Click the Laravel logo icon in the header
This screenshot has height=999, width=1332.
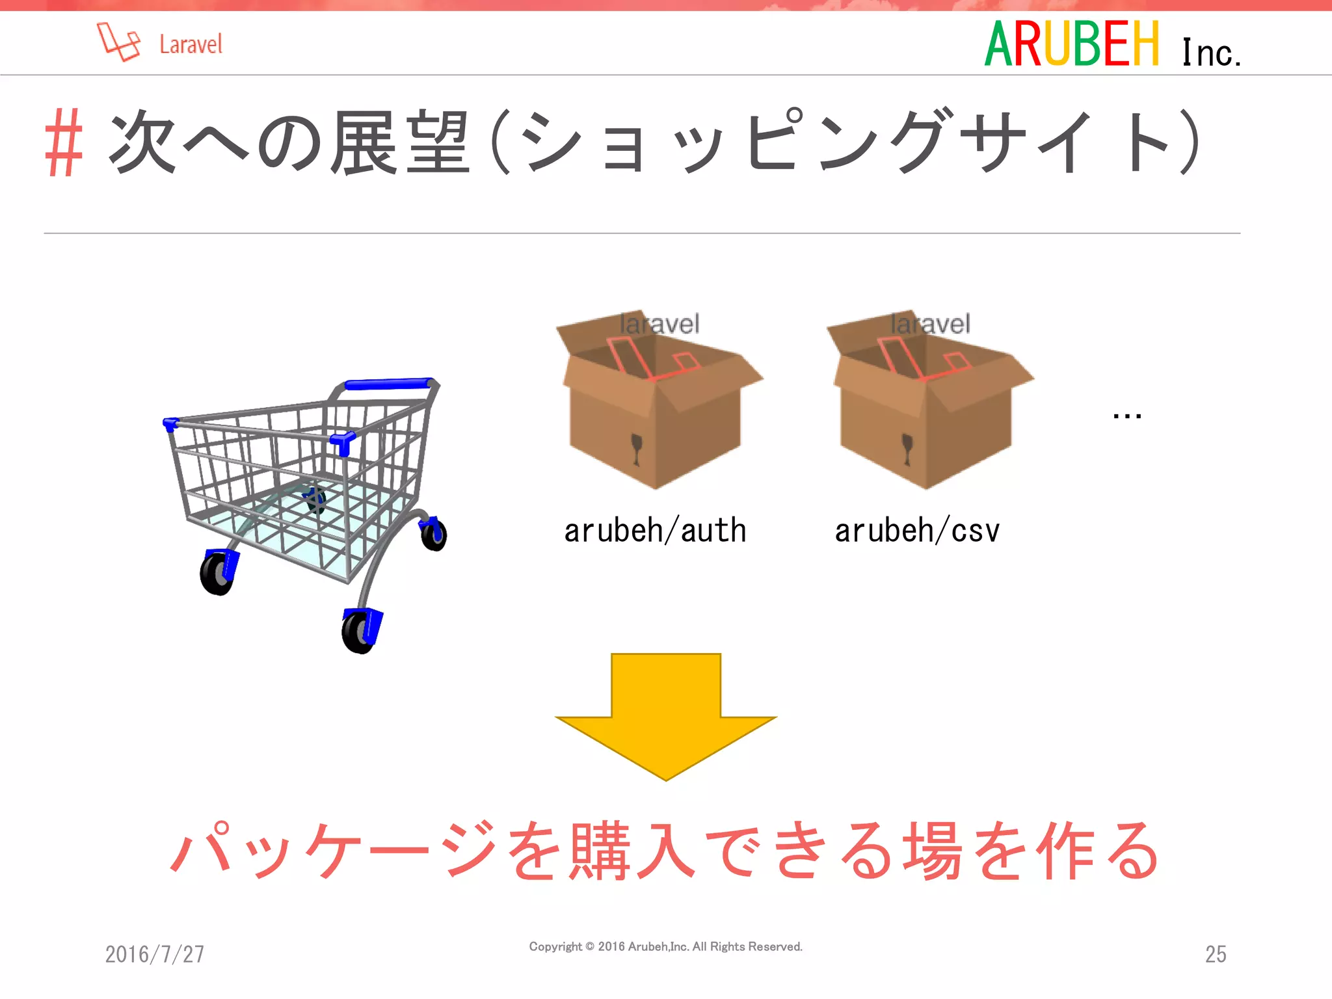pos(118,42)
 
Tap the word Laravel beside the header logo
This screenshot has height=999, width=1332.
pos(191,44)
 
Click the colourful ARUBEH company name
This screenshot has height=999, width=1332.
pos(1072,44)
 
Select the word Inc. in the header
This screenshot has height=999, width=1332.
pos(1211,52)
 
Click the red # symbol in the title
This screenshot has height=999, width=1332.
pos(64,142)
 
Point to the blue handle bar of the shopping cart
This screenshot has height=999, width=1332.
pos(389,384)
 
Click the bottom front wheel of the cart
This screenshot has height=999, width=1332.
pos(360,631)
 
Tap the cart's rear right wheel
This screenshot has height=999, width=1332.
pos(434,534)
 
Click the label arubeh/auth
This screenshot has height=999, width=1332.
pos(655,531)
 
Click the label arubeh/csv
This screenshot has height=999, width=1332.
pos(917,531)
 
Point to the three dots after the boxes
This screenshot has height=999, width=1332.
pos(1126,415)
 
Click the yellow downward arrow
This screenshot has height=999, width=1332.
pos(666,715)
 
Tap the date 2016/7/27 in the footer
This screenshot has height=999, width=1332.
pos(155,954)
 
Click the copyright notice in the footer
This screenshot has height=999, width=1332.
pos(666,947)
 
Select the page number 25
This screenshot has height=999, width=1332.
pos(1216,954)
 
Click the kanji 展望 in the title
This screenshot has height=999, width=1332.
pos(399,142)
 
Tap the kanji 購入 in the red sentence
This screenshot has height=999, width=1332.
pos(632,851)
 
